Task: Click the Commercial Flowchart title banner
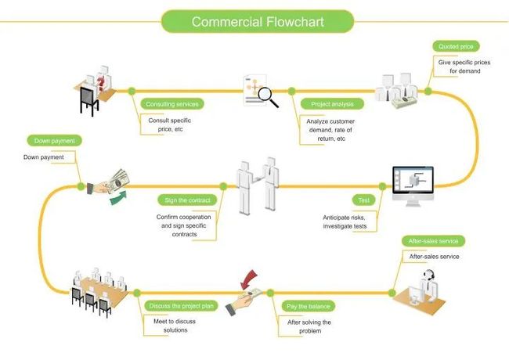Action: tap(258, 21)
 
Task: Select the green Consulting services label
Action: tap(172, 104)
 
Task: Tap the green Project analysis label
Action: tap(332, 104)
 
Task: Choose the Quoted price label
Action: tap(456, 46)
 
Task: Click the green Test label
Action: tap(363, 200)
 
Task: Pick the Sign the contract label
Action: tap(187, 200)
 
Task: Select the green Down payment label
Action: tap(54, 141)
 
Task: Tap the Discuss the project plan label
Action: tap(181, 306)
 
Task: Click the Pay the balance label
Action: tap(308, 306)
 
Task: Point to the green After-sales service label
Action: tap(433, 241)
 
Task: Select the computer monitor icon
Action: tap(413, 186)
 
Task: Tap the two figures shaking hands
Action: tap(258, 185)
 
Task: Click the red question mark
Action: tap(101, 83)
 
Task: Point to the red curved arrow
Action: tap(249, 279)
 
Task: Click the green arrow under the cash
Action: tap(117, 197)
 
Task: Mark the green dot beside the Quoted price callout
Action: tap(428, 92)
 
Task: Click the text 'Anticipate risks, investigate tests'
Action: tap(345, 221)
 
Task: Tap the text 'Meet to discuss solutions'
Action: tap(175, 326)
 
